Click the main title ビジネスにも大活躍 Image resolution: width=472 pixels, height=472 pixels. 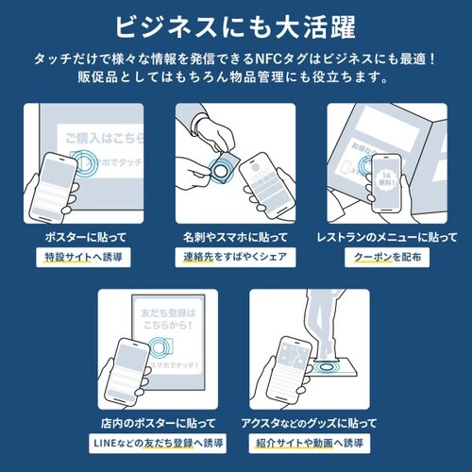point(236,25)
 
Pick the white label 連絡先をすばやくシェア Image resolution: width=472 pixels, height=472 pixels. point(236,257)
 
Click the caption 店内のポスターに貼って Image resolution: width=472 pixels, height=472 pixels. point(160,422)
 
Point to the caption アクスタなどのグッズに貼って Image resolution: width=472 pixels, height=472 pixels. point(311,422)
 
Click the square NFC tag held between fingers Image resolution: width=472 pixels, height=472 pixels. point(223,169)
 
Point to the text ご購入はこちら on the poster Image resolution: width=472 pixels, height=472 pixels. point(99,139)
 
